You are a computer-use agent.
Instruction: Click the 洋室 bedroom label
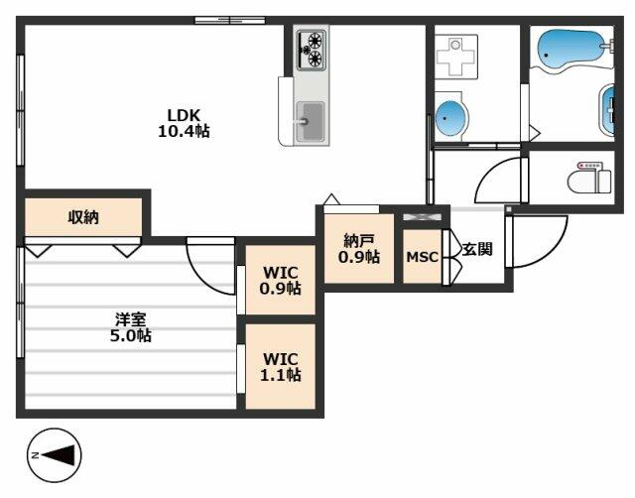click(x=131, y=319)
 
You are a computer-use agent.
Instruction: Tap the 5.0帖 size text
click(x=131, y=335)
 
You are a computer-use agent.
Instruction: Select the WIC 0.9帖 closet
click(x=281, y=281)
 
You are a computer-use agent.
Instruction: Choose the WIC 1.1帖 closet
click(x=281, y=366)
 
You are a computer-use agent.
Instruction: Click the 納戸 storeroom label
click(x=359, y=240)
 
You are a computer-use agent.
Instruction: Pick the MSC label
click(x=422, y=257)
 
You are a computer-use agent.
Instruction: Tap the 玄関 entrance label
click(x=477, y=249)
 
